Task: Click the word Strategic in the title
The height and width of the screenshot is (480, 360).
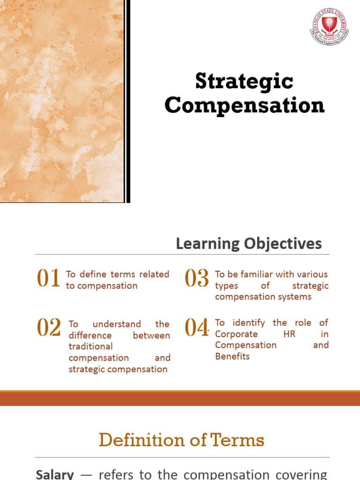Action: pos(244,82)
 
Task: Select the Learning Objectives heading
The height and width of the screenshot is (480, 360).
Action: pos(248,243)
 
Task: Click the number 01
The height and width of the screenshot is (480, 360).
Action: pos(49,279)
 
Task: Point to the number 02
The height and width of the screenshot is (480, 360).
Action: pos(49,328)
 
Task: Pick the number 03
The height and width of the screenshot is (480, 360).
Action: pos(197,279)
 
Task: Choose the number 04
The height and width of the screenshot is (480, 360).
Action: pos(197,328)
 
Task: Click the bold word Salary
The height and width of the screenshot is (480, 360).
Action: pos(54,474)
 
